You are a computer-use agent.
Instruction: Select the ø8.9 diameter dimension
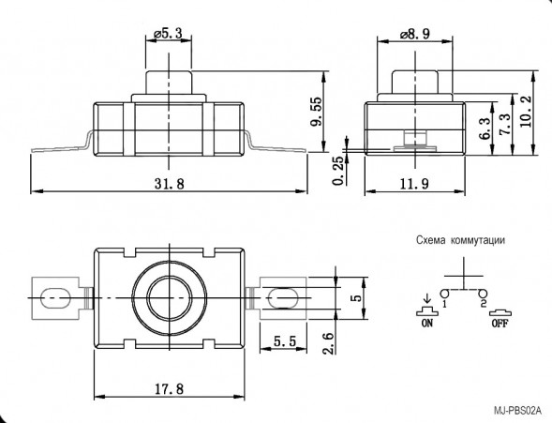[414, 34]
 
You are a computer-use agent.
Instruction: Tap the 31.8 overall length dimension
[170, 183]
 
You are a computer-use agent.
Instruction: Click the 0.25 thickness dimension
[337, 170]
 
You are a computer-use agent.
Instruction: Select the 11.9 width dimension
[414, 183]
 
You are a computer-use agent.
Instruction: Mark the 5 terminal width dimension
[355, 297]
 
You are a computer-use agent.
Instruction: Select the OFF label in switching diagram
[502, 322]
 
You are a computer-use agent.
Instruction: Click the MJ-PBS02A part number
[521, 411]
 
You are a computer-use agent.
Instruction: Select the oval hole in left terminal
[56, 298]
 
